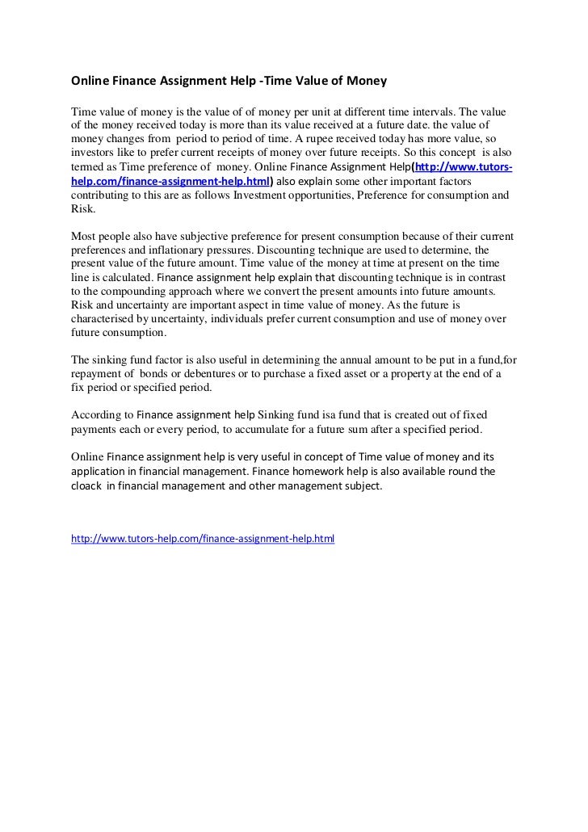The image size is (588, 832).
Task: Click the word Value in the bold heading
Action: tap(306, 82)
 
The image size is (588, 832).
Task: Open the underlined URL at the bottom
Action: tap(203, 537)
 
